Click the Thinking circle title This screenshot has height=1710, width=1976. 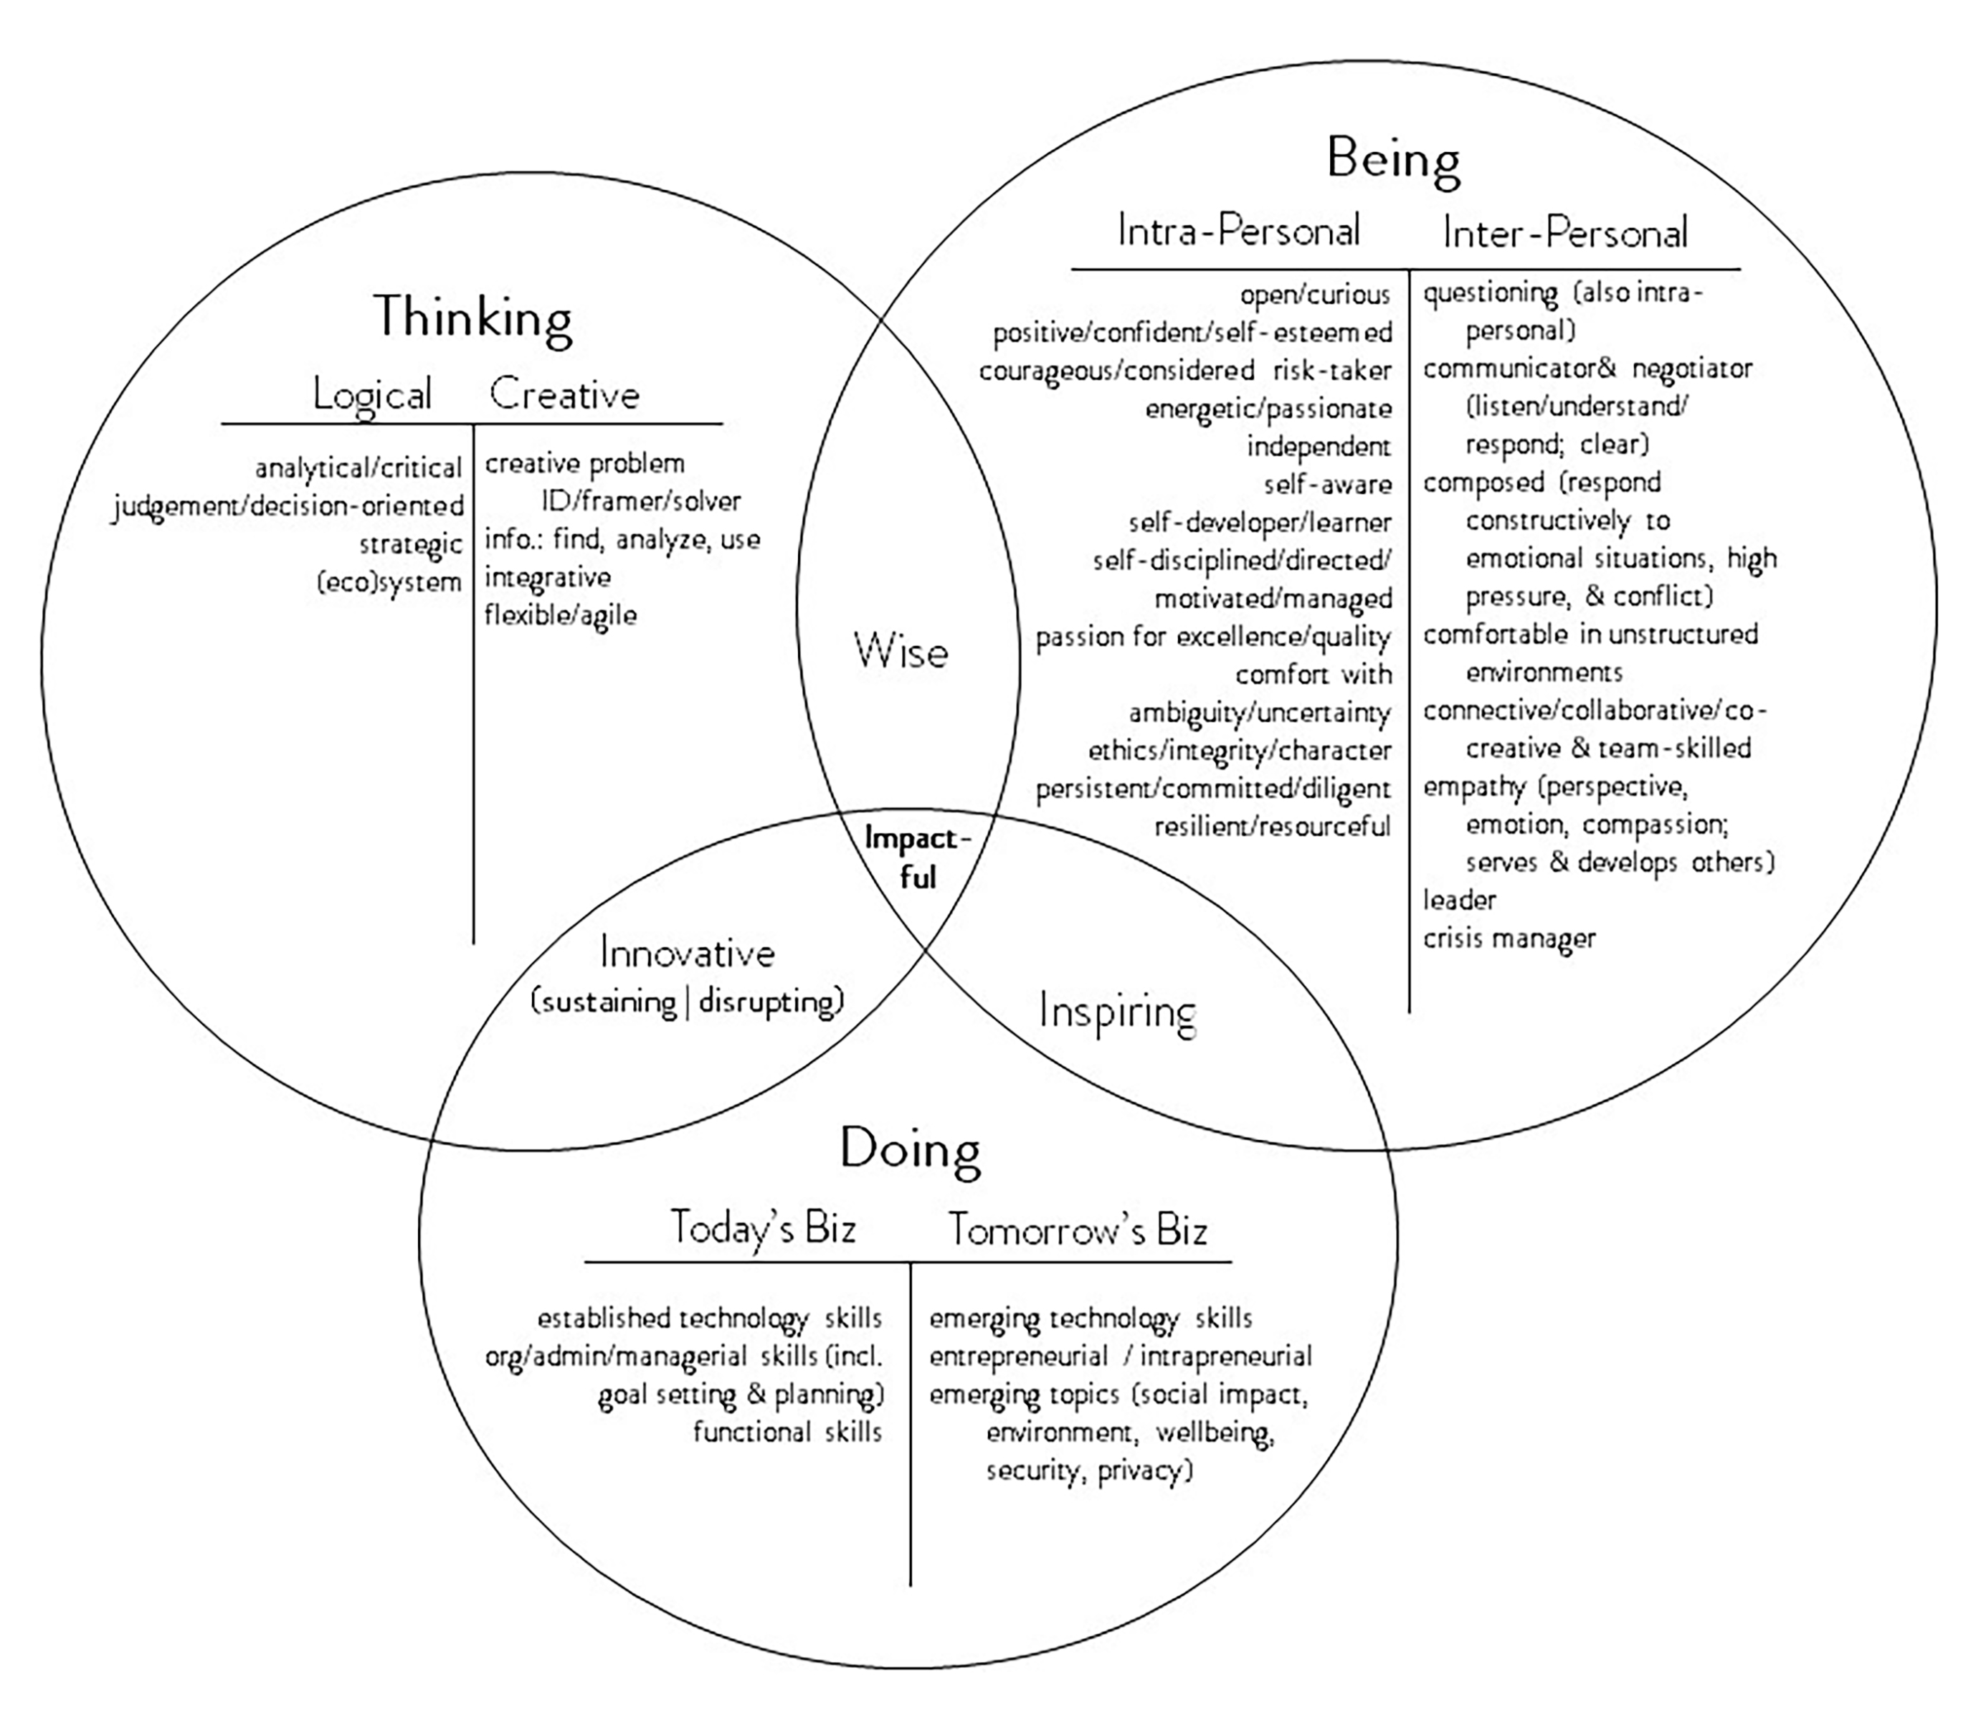point(472,317)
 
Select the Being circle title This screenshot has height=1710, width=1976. point(1393,159)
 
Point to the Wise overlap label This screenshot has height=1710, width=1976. point(901,652)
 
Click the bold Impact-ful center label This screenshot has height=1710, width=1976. point(917,858)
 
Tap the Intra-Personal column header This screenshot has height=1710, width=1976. point(1238,231)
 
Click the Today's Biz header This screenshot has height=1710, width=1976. point(762,1228)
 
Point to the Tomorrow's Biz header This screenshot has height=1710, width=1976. point(1077,1230)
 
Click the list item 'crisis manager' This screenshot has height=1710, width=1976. point(1509,939)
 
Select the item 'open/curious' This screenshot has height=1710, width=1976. point(1315,295)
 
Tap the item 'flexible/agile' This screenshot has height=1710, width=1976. point(560,615)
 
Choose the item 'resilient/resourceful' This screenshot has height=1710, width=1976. point(1272,827)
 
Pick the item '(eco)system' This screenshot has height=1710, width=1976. point(389,582)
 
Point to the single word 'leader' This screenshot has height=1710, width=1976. point(1459,900)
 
